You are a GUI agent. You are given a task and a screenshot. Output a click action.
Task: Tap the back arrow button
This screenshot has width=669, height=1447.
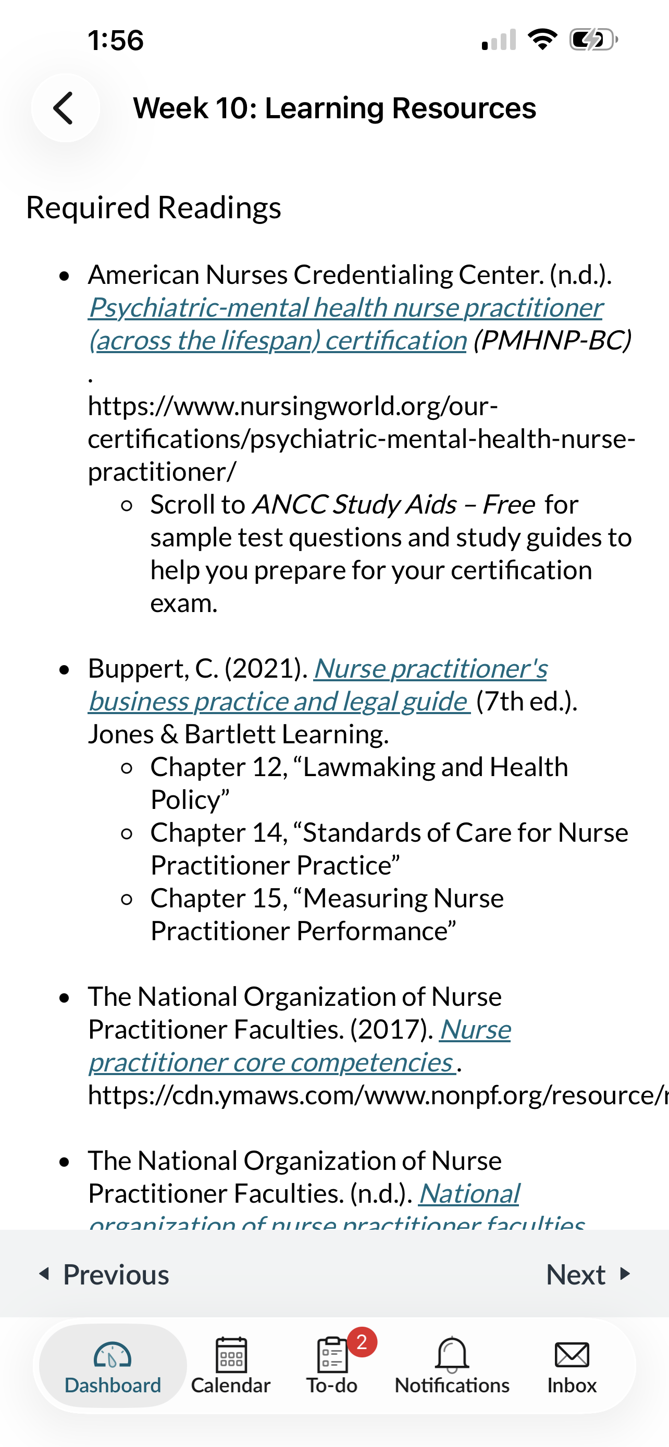(65, 108)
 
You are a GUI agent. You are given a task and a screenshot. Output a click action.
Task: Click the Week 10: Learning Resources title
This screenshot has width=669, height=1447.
(334, 108)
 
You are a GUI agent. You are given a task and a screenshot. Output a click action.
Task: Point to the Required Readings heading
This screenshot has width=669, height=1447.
(153, 208)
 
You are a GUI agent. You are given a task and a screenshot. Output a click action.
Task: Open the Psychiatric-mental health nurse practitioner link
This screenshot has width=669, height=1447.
(345, 308)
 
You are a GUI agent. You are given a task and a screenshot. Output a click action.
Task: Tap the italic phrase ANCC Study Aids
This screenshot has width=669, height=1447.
(354, 504)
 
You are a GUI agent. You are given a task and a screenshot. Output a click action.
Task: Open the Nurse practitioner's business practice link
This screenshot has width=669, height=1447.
(430, 668)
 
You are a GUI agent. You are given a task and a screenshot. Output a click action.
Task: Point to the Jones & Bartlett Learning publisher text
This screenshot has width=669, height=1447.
(238, 734)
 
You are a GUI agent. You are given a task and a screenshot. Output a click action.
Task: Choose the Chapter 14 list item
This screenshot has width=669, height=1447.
(389, 833)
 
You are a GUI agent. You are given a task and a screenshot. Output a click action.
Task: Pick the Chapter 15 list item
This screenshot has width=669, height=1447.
(326, 898)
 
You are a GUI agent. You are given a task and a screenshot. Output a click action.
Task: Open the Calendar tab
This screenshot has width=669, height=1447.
(230, 1365)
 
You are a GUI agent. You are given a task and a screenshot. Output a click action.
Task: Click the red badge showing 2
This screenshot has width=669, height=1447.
(362, 1342)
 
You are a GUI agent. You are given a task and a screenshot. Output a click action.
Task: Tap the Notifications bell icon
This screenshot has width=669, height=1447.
(452, 1355)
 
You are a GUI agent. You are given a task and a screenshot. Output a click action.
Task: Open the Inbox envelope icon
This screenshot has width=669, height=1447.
(572, 1355)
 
